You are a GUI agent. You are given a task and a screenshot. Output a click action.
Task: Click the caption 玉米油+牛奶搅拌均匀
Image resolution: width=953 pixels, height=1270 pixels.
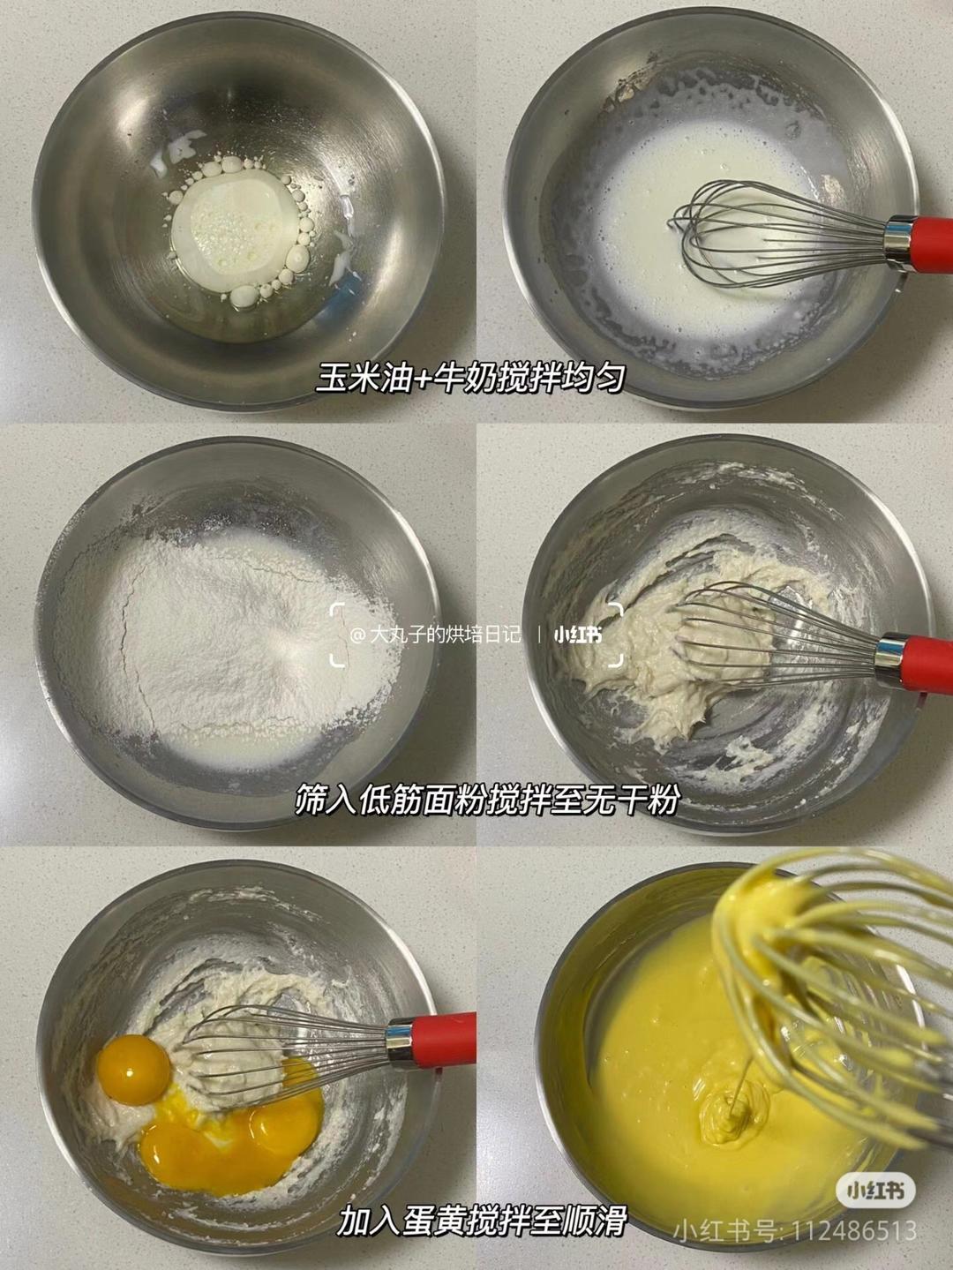(x=470, y=378)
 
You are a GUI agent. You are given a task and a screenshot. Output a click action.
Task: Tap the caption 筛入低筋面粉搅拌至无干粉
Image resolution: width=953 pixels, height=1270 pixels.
(x=489, y=800)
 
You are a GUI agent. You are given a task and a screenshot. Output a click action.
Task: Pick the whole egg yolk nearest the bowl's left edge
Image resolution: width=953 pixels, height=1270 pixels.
(x=135, y=1067)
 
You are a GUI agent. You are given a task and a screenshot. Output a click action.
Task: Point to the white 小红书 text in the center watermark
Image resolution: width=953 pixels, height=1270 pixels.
(x=578, y=635)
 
